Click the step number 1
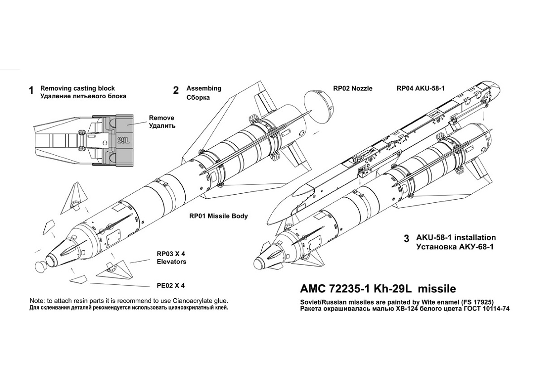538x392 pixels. click(x=31, y=91)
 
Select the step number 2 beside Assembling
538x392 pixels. click(x=176, y=90)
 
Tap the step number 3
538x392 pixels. click(x=407, y=239)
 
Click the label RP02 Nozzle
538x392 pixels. click(x=352, y=89)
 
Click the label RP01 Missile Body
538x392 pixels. click(x=218, y=216)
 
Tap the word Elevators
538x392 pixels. click(x=171, y=262)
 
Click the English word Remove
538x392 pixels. click(x=162, y=118)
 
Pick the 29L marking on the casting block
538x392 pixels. click(x=123, y=140)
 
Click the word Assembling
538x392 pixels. click(x=204, y=88)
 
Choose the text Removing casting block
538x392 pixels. click(x=77, y=88)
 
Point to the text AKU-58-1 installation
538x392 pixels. click(x=456, y=237)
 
